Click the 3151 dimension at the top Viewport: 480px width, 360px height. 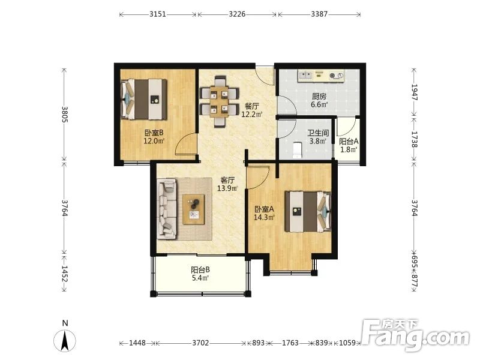[x=158, y=14]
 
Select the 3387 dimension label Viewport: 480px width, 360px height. [x=319, y=14]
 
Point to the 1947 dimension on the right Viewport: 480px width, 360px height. [x=414, y=92]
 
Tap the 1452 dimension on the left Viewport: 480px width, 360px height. [x=64, y=274]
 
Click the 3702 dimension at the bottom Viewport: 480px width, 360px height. [x=200, y=343]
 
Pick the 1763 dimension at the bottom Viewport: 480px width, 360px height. [x=290, y=343]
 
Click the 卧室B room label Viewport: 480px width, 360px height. [x=154, y=133]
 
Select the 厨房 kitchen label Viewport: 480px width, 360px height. [x=319, y=97]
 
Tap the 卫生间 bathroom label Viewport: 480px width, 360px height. [x=318, y=133]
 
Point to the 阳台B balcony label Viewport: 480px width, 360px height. [x=200, y=270]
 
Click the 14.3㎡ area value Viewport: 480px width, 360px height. [x=264, y=218]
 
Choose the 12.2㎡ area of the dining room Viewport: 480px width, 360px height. [x=251, y=115]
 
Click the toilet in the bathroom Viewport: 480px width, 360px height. [x=297, y=150]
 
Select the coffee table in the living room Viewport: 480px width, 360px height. [x=193, y=209]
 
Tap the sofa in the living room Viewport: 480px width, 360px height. [x=167, y=209]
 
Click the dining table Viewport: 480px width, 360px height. [x=219, y=101]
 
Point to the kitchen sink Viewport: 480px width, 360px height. [x=305, y=76]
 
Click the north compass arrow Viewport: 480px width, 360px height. [x=65, y=341]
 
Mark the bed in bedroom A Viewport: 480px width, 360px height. [x=308, y=212]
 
